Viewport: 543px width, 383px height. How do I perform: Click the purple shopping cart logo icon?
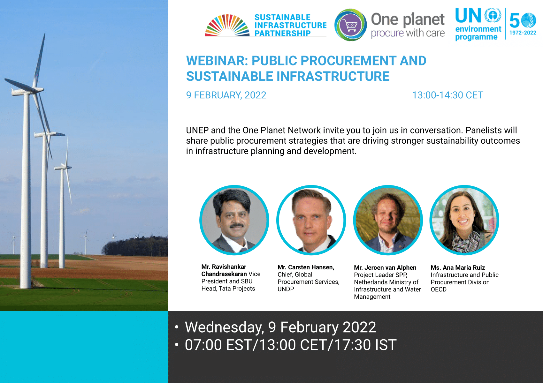pyautogui.click(x=350, y=25)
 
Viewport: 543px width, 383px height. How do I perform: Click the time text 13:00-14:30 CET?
pyautogui.click(x=448, y=95)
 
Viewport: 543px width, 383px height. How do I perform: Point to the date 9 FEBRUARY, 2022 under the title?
pyautogui.click(x=226, y=95)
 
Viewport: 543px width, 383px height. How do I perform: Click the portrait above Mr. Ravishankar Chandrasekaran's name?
pyautogui.click(x=234, y=220)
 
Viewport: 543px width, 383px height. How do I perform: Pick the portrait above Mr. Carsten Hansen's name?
pyautogui.click(x=311, y=220)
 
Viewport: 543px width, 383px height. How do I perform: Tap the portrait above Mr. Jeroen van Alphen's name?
pyautogui.click(x=388, y=220)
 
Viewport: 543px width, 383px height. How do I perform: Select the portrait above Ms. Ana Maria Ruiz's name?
pyautogui.click(x=464, y=220)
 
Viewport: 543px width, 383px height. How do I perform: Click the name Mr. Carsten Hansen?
pyautogui.click(x=306, y=267)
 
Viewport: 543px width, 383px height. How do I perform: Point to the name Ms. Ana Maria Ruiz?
pyautogui.click(x=458, y=268)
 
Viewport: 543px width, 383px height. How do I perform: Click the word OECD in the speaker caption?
pyautogui.click(x=439, y=289)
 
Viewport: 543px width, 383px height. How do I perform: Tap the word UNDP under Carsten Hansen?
pyautogui.click(x=286, y=289)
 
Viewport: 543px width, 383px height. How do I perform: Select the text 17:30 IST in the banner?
pyautogui.click(x=365, y=345)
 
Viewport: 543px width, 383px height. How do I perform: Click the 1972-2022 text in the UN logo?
pyautogui.click(x=523, y=33)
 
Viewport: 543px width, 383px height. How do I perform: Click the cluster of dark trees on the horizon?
pyautogui.click(x=135, y=246)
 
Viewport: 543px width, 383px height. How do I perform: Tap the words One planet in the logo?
pyautogui.click(x=408, y=19)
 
